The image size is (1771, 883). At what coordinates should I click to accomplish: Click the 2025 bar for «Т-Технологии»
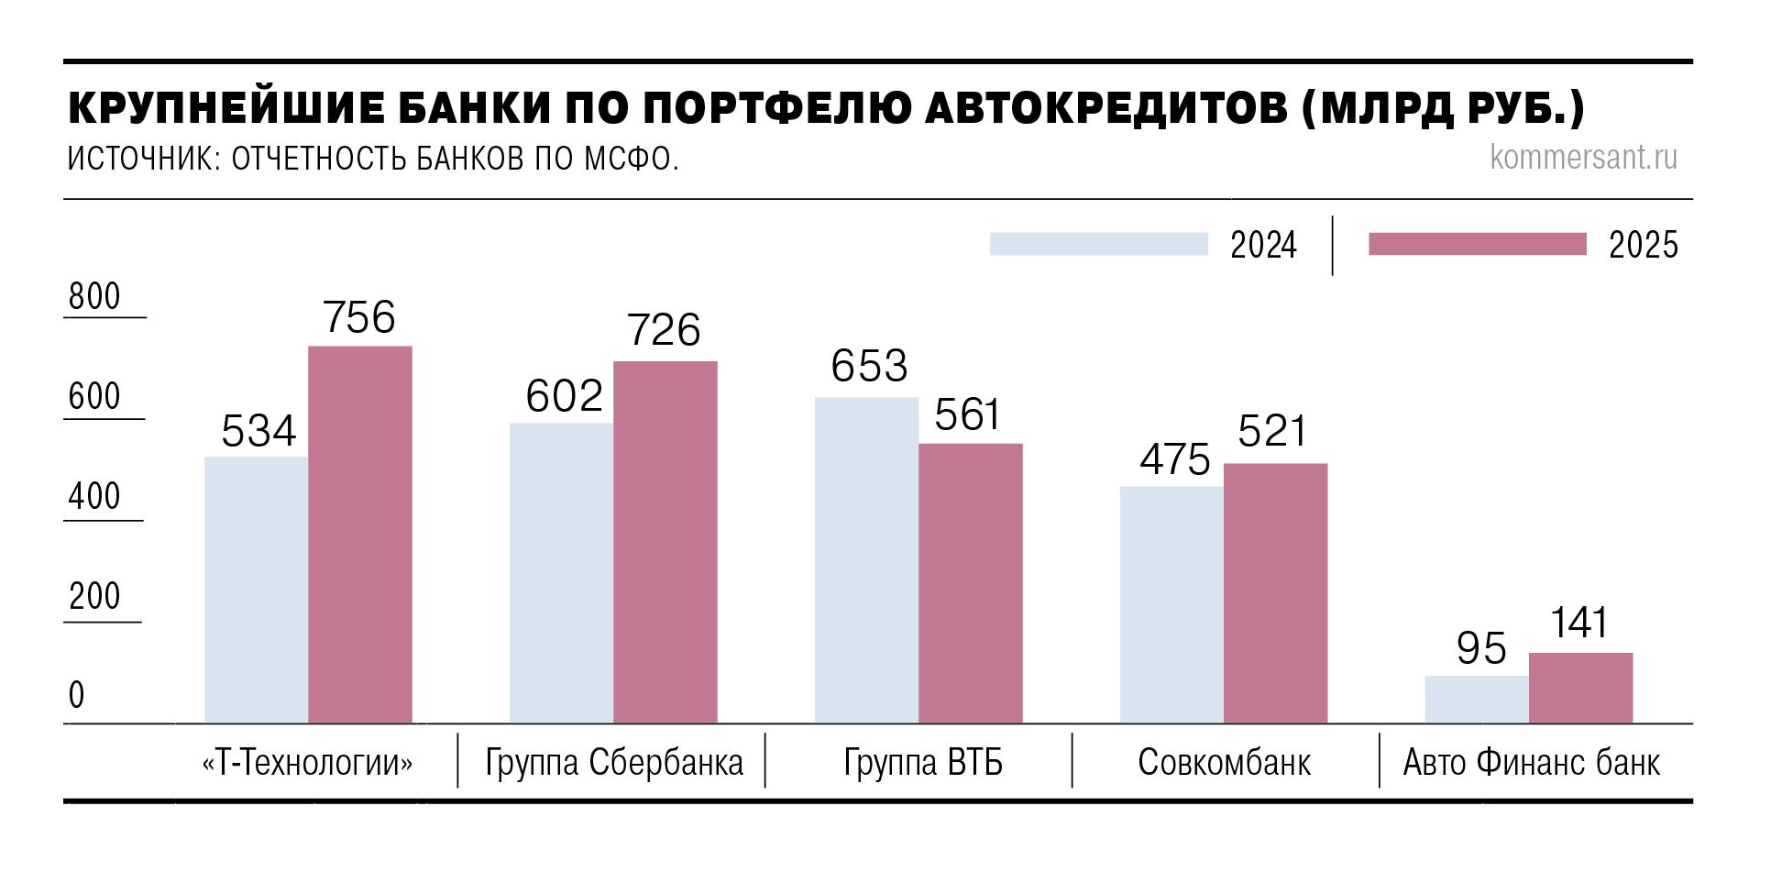(360, 535)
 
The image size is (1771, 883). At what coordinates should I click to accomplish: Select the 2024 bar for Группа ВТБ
(866, 560)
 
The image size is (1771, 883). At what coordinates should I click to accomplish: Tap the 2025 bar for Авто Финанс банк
(1580, 688)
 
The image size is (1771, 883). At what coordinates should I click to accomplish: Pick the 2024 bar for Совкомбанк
(1171, 604)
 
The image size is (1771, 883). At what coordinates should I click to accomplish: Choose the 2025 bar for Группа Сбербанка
(665, 542)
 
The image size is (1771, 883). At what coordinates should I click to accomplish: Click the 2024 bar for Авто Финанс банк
(1477, 700)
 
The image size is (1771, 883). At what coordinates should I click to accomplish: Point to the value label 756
(359, 317)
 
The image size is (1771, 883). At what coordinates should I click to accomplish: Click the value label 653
(869, 366)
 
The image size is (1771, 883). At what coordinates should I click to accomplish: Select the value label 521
(1272, 431)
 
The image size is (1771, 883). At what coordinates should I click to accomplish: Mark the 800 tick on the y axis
(94, 297)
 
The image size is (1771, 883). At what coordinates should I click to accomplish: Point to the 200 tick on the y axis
(94, 597)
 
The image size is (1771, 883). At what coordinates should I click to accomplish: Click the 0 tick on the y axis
(77, 696)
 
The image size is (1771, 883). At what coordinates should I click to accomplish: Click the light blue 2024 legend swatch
(1098, 244)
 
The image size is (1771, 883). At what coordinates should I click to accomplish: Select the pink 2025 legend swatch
(1477, 244)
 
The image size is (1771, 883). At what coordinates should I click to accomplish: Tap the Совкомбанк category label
(1224, 763)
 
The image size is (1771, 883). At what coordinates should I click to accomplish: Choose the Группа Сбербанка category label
(614, 763)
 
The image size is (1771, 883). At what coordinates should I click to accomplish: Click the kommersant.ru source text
(1583, 158)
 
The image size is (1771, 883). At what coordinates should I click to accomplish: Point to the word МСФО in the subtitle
(629, 160)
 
